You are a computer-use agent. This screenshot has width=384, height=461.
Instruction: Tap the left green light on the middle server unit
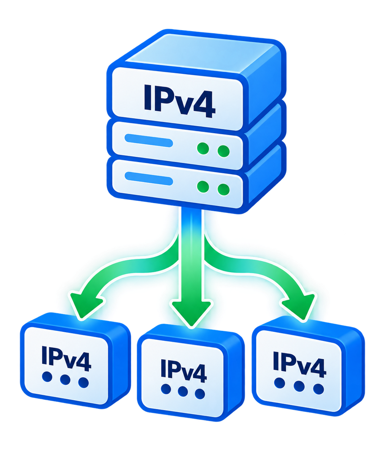click(203, 148)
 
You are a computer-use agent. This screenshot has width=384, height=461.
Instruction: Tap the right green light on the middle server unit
click(223, 151)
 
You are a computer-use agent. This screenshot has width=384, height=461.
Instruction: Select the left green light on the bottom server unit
click(203, 187)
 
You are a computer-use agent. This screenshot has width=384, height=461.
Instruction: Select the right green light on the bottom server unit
click(223, 190)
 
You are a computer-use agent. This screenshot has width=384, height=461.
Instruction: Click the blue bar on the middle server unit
click(149, 140)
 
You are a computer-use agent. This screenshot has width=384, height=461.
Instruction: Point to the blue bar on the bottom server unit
click(149, 179)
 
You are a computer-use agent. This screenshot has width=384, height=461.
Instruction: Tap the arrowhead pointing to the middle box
click(191, 314)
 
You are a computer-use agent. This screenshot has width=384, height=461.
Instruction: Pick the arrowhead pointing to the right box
click(299, 307)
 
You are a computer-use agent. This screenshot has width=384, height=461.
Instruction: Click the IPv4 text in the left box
click(66, 358)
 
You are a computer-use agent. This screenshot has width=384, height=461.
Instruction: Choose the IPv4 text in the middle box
click(184, 370)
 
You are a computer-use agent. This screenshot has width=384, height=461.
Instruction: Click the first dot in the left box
click(47, 377)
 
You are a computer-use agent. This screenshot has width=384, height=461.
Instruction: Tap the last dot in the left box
click(83, 383)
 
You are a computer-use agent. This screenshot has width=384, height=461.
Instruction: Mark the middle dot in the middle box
click(183, 392)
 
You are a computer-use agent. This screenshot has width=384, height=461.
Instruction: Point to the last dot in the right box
click(318, 389)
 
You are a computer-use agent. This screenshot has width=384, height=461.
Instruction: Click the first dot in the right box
click(279, 383)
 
